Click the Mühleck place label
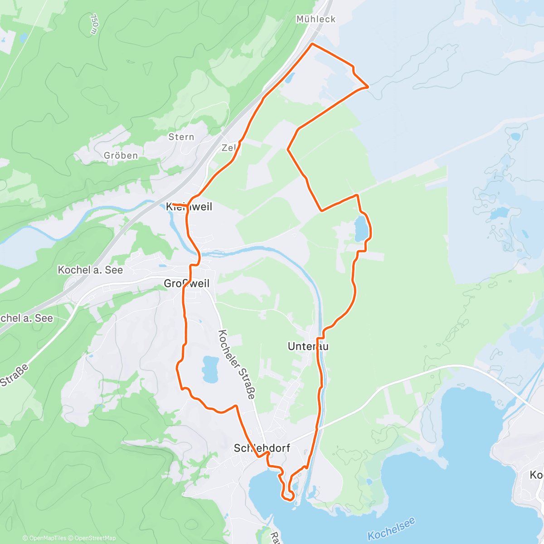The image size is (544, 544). click(x=316, y=19)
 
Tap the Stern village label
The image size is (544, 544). click(x=181, y=137)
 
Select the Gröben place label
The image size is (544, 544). click(x=121, y=155)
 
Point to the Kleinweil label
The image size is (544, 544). click(x=189, y=207)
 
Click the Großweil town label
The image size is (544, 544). click(x=187, y=283)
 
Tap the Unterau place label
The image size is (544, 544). click(x=308, y=346)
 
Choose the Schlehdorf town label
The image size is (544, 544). click(x=262, y=448)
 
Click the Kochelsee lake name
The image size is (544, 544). click(x=391, y=529)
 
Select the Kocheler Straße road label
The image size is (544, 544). click(x=237, y=364)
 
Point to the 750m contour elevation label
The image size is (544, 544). click(x=94, y=24)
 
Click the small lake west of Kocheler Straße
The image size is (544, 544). click(x=210, y=368)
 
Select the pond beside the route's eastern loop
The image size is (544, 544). click(x=361, y=229)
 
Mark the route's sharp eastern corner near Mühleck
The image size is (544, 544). click(x=368, y=86)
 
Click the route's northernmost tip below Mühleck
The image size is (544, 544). click(x=312, y=44)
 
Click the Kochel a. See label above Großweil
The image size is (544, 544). click(x=90, y=270)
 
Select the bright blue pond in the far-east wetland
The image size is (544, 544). click(x=499, y=213)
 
